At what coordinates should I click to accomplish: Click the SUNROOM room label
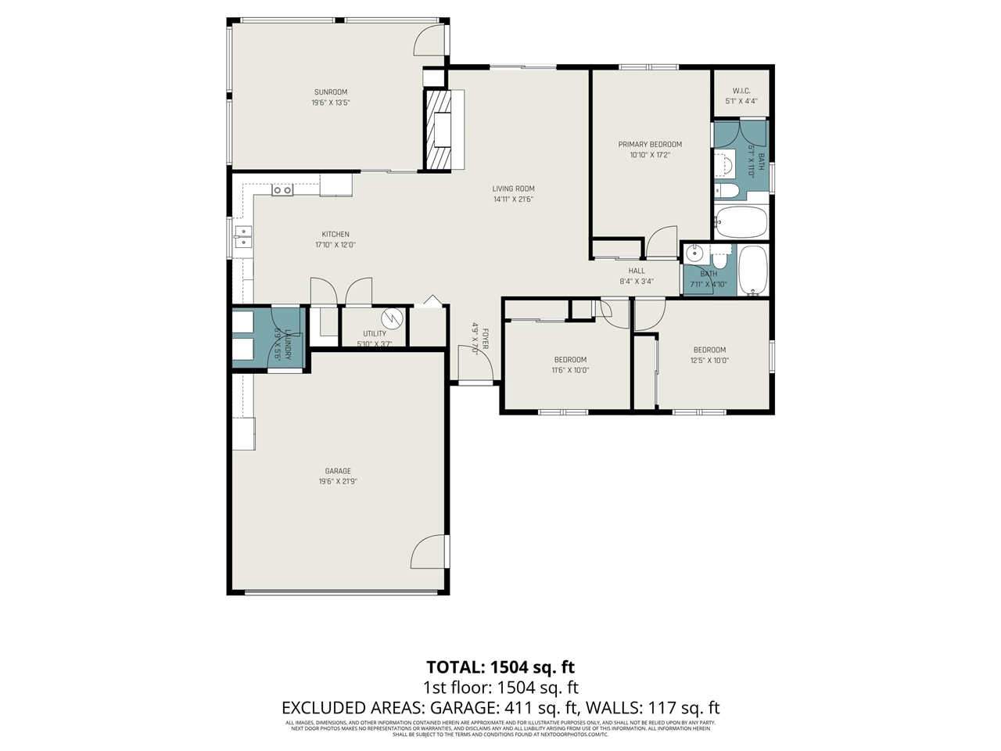pyautogui.click(x=331, y=92)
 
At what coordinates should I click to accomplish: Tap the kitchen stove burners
pyautogui.click(x=282, y=190)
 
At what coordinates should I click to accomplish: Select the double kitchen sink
pyautogui.click(x=242, y=236)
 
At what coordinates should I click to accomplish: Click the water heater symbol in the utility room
pyautogui.click(x=391, y=318)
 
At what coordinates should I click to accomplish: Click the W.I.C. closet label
pyautogui.click(x=741, y=91)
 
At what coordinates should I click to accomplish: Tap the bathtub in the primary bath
pyautogui.click(x=741, y=222)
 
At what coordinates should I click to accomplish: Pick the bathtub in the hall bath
pyautogui.click(x=753, y=271)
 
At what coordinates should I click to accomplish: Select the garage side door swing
pyautogui.click(x=429, y=552)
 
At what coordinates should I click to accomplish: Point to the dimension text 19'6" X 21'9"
pyautogui.click(x=338, y=482)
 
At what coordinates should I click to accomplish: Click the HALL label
pyautogui.click(x=637, y=271)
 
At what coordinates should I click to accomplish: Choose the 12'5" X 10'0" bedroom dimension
pyautogui.click(x=709, y=361)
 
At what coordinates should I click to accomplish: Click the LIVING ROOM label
pyautogui.click(x=514, y=189)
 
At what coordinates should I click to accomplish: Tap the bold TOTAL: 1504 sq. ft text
pyautogui.click(x=500, y=667)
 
